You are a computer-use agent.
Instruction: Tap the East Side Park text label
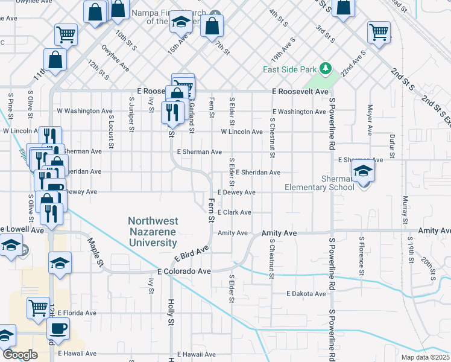click(x=289, y=69)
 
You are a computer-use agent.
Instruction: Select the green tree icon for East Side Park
click(x=326, y=68)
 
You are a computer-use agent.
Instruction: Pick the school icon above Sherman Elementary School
click(x=363, y=172)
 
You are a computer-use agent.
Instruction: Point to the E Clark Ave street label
click(x=235, y=213)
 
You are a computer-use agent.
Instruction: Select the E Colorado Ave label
click(x=184, y=271)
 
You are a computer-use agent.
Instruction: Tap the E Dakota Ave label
click(x=306, y=294)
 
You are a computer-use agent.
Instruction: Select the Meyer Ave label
click(x=368, y=120)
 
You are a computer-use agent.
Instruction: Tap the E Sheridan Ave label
click(x=258, y=173)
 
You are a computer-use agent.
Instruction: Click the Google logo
click(x=20, y=355)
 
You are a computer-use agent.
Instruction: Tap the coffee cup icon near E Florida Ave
click(x=58, y=329)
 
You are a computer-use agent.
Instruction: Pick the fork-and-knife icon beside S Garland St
click(x=172, y=112)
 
